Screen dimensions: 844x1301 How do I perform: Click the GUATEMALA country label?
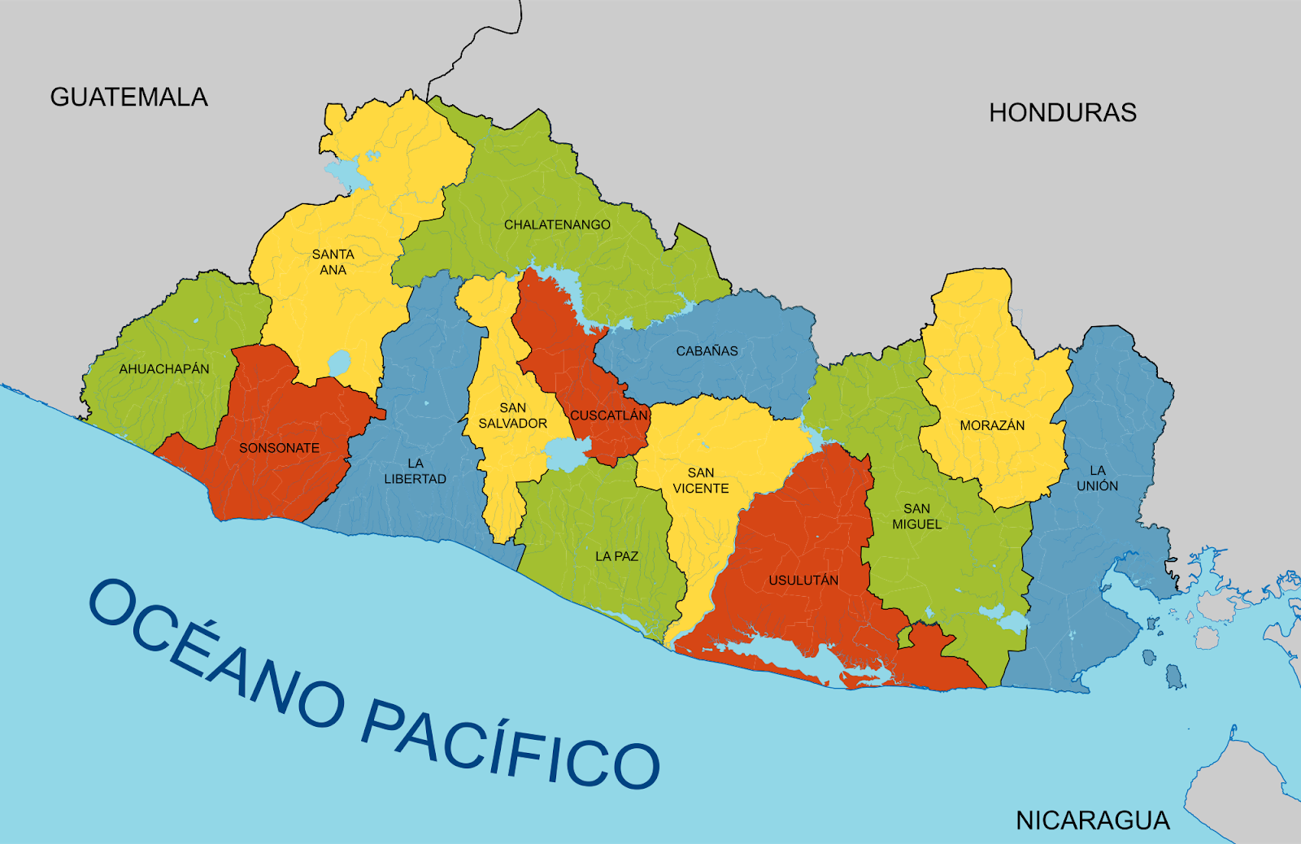click(128, 97)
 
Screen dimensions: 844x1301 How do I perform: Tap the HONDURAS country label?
click(1062, 112)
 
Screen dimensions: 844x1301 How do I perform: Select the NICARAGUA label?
click(1092, 820)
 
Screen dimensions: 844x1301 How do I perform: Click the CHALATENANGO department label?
click(557, 224)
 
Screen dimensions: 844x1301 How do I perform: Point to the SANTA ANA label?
click(333, 262)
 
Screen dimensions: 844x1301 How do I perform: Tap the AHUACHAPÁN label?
click(164, 368)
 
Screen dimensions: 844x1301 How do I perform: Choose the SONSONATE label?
click(279, 448)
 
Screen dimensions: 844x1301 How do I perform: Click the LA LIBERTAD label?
click(415, 471)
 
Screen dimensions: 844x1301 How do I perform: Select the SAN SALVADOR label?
click(512, 415)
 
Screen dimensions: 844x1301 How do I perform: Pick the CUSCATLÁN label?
click(608, 415)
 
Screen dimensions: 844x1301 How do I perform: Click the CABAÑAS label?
click(707, 351)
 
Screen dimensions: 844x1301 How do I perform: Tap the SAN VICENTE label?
click(700, 481)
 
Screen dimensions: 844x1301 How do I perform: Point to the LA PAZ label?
click(616, 556)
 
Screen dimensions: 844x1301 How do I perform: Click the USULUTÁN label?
click(803, 580)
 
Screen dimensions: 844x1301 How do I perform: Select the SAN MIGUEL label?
click(916, 516)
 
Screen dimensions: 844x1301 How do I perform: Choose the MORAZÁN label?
click(991, 425)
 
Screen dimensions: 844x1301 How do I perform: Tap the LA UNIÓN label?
click(1097, 478)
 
